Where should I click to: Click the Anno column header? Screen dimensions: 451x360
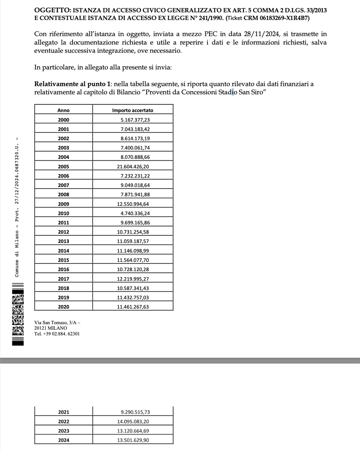(x=63, y=110)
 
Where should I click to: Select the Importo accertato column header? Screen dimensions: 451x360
(x=133, y=110)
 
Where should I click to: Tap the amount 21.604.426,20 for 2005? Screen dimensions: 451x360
(x=133, y=166)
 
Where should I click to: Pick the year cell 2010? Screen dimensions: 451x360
(x=63, y=213)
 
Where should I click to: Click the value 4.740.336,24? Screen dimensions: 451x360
(x=135, y=213)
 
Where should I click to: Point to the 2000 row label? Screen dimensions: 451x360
(x=63, y=120)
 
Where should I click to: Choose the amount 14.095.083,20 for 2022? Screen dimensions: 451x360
(x=133, y=421)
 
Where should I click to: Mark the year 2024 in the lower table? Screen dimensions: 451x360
(x=63, y=440)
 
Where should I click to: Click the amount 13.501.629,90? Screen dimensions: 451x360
(x=133, y=440)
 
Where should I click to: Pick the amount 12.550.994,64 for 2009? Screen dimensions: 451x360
(x=133, y=204)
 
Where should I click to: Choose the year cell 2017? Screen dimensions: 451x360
(x=63, y=279)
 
